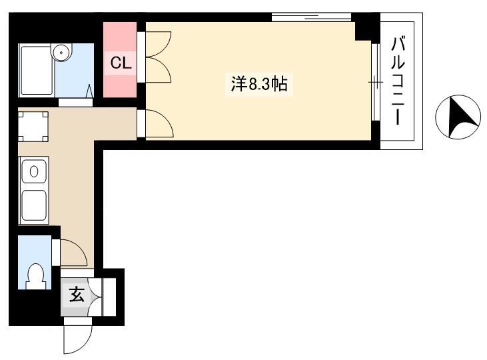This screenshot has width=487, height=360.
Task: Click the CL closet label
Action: (121, 63)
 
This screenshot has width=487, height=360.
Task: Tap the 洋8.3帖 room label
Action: (259, 84)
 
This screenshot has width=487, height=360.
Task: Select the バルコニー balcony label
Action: (398, 81)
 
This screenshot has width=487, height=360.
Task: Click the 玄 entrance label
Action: (77, 295)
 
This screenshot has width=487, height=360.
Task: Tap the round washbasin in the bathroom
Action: (61, 52)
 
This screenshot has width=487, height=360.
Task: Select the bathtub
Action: (36, 70)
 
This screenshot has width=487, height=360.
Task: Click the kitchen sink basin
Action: (34, 205)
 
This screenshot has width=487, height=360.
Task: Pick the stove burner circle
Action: (34, 171)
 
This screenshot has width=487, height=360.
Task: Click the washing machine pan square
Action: (33, 127)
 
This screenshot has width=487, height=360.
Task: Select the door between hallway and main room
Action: (159, 123)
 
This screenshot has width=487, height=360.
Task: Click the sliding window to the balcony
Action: (376, 82)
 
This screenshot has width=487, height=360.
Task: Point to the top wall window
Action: (312, 17)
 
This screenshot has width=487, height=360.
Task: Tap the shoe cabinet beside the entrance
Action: (109, 297)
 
